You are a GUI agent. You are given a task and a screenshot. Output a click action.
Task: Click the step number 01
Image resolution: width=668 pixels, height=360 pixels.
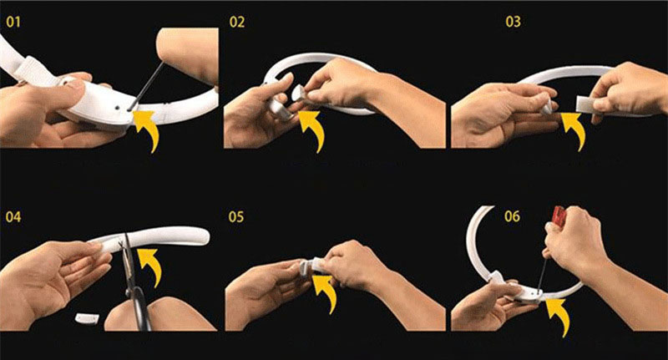[x=13, y=23]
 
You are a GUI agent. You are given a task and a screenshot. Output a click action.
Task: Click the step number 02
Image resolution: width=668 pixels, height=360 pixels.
[x=237, y=23]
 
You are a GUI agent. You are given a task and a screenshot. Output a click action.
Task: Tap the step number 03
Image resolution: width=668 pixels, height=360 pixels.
[x=513, y=22]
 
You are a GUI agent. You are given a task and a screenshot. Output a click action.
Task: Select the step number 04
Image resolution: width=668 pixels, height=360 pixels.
[x=13, y=217]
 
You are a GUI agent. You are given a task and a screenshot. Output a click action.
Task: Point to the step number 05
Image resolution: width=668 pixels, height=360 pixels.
[x=236, y=217]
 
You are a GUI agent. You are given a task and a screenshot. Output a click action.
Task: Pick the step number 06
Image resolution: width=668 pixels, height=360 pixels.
[x=512, y=216]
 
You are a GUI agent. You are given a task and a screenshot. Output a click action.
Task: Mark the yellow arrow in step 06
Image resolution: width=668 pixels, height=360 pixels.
[x=558, y=316]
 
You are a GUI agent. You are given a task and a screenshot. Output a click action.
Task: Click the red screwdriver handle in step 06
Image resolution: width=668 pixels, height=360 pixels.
[x=558, y=216]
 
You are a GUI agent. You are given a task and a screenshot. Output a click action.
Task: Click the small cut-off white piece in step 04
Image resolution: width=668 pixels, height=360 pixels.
[x=87, y=318]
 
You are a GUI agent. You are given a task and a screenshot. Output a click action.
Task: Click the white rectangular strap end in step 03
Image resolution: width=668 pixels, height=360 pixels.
[x=589, y=104]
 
